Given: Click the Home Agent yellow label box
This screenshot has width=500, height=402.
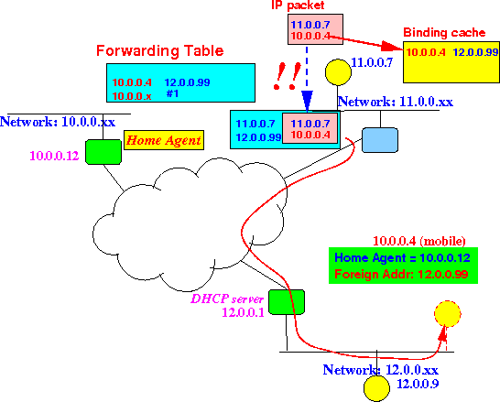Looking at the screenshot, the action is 164,140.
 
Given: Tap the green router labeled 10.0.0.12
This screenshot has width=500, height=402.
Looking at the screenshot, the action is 103,152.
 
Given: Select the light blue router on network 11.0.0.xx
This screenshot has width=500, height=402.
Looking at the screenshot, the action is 380,140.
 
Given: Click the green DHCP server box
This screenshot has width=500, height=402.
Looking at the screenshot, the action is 287,302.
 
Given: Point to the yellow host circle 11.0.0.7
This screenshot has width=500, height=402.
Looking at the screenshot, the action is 338,72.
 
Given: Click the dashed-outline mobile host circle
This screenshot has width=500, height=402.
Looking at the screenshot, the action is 448,314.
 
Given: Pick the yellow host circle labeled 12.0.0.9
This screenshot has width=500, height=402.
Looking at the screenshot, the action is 376,388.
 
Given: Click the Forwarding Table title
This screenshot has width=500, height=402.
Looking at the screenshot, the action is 159,50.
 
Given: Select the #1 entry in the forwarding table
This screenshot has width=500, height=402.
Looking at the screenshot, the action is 172,93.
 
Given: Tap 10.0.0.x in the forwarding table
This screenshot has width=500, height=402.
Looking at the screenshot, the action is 132,96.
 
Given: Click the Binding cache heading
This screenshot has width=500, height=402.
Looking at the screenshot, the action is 444,33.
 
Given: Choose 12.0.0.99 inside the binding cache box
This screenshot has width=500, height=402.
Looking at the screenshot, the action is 475,52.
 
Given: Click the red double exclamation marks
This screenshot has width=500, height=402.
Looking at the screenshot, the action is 288,76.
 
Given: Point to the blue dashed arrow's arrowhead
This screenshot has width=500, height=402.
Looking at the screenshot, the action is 307,101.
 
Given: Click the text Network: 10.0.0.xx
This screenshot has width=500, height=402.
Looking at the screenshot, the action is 58,122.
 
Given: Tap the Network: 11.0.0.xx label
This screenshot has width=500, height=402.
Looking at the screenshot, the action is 396,102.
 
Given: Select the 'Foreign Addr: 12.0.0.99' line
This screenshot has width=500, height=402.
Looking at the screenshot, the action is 401,274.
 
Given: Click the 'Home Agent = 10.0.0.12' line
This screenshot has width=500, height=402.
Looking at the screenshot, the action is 402,257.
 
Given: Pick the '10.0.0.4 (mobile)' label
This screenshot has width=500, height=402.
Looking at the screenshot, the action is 419,241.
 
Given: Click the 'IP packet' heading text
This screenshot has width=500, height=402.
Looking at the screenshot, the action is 298,5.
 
